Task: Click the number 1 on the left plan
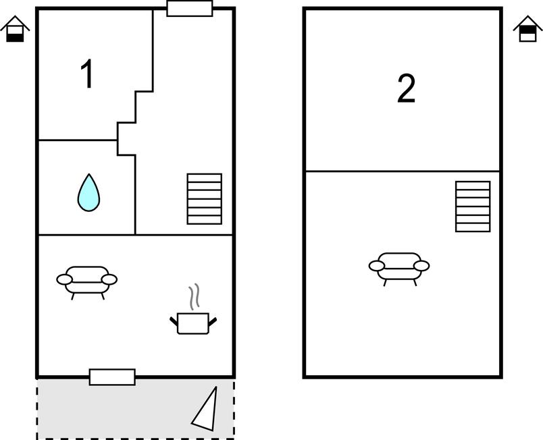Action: pos(87,74)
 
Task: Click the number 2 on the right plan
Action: pos(406,89)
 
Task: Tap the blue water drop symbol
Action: pos(88,192)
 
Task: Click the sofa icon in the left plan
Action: pos(87,279)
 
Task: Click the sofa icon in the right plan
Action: pos(399,266)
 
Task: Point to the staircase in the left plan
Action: pos(204,199)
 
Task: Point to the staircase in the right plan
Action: pos(473,207)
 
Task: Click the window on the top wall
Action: pos(190,9)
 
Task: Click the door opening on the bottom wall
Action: pos(112,377)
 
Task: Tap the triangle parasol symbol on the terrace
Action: pos(207,410)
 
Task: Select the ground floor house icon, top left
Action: pos(15,30)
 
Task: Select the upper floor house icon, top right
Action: pos(527,30)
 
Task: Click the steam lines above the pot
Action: pos(195,296)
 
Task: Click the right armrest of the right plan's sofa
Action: pos(421,266)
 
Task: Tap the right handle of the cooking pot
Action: pos(213,321)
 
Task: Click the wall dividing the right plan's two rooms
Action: pos(403,171)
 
